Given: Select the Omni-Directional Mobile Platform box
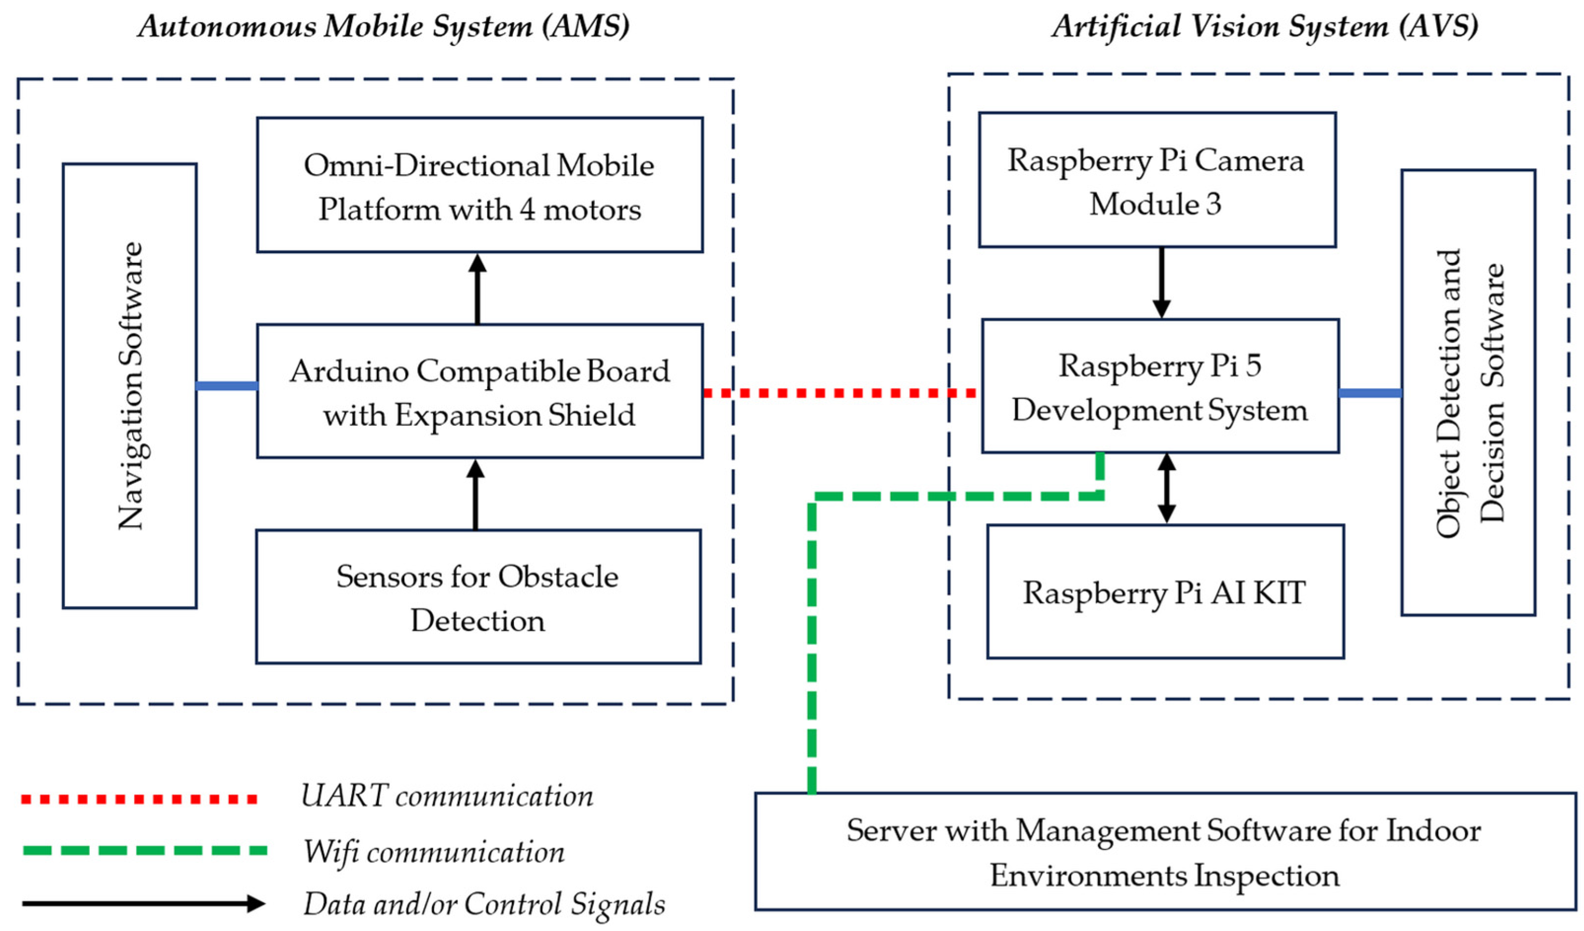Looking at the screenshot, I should [x=480, y=185].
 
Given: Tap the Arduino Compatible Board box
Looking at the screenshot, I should [x=480, y=391].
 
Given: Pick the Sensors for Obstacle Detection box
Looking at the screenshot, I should [x=478, y=597].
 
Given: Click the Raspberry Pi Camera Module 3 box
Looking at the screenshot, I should [x=1156, y=180].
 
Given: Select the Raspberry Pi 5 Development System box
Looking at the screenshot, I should [x=1160, y=386].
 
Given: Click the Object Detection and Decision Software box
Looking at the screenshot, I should [x=1468, y=392].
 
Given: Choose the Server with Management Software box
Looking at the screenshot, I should [x=1164, y=851].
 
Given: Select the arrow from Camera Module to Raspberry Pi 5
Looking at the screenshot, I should [x=1161, y=283].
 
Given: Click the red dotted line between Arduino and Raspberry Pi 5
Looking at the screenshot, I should [x=839, y=393].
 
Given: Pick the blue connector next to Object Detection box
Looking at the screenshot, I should [x=1370, y=393].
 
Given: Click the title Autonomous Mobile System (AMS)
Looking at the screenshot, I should [x=384, y=27].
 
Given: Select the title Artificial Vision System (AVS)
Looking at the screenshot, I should [x=1265, y=27].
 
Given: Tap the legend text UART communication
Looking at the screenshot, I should [x=447, y=796].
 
